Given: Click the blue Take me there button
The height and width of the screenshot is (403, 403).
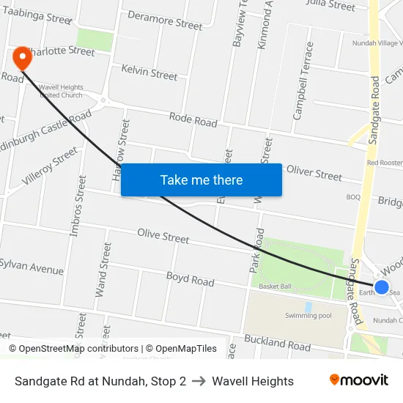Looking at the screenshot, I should coord(202,180).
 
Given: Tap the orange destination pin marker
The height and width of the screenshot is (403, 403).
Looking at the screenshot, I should coord(22,58).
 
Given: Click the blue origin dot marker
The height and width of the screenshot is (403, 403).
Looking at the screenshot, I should coord(382,286).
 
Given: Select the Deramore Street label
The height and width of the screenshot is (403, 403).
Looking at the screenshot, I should coord(165,21).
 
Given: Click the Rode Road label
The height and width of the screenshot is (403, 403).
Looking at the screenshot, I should coord(193,119).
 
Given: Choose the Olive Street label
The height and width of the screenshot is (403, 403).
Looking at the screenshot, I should coord(163,236).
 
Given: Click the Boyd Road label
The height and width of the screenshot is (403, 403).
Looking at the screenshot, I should coord(190,279).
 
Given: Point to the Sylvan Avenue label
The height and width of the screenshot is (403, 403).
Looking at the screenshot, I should coord(32,266).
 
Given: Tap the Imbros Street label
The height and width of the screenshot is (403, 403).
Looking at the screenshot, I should coord(78,205).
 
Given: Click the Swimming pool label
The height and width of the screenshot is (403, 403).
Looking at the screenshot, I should coord(308,315).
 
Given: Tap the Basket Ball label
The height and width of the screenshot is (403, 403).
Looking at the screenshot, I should coord(275,286).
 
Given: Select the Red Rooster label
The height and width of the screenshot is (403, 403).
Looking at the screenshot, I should coord(385,162).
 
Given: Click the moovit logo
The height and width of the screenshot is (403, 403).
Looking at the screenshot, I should coord(359,380).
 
